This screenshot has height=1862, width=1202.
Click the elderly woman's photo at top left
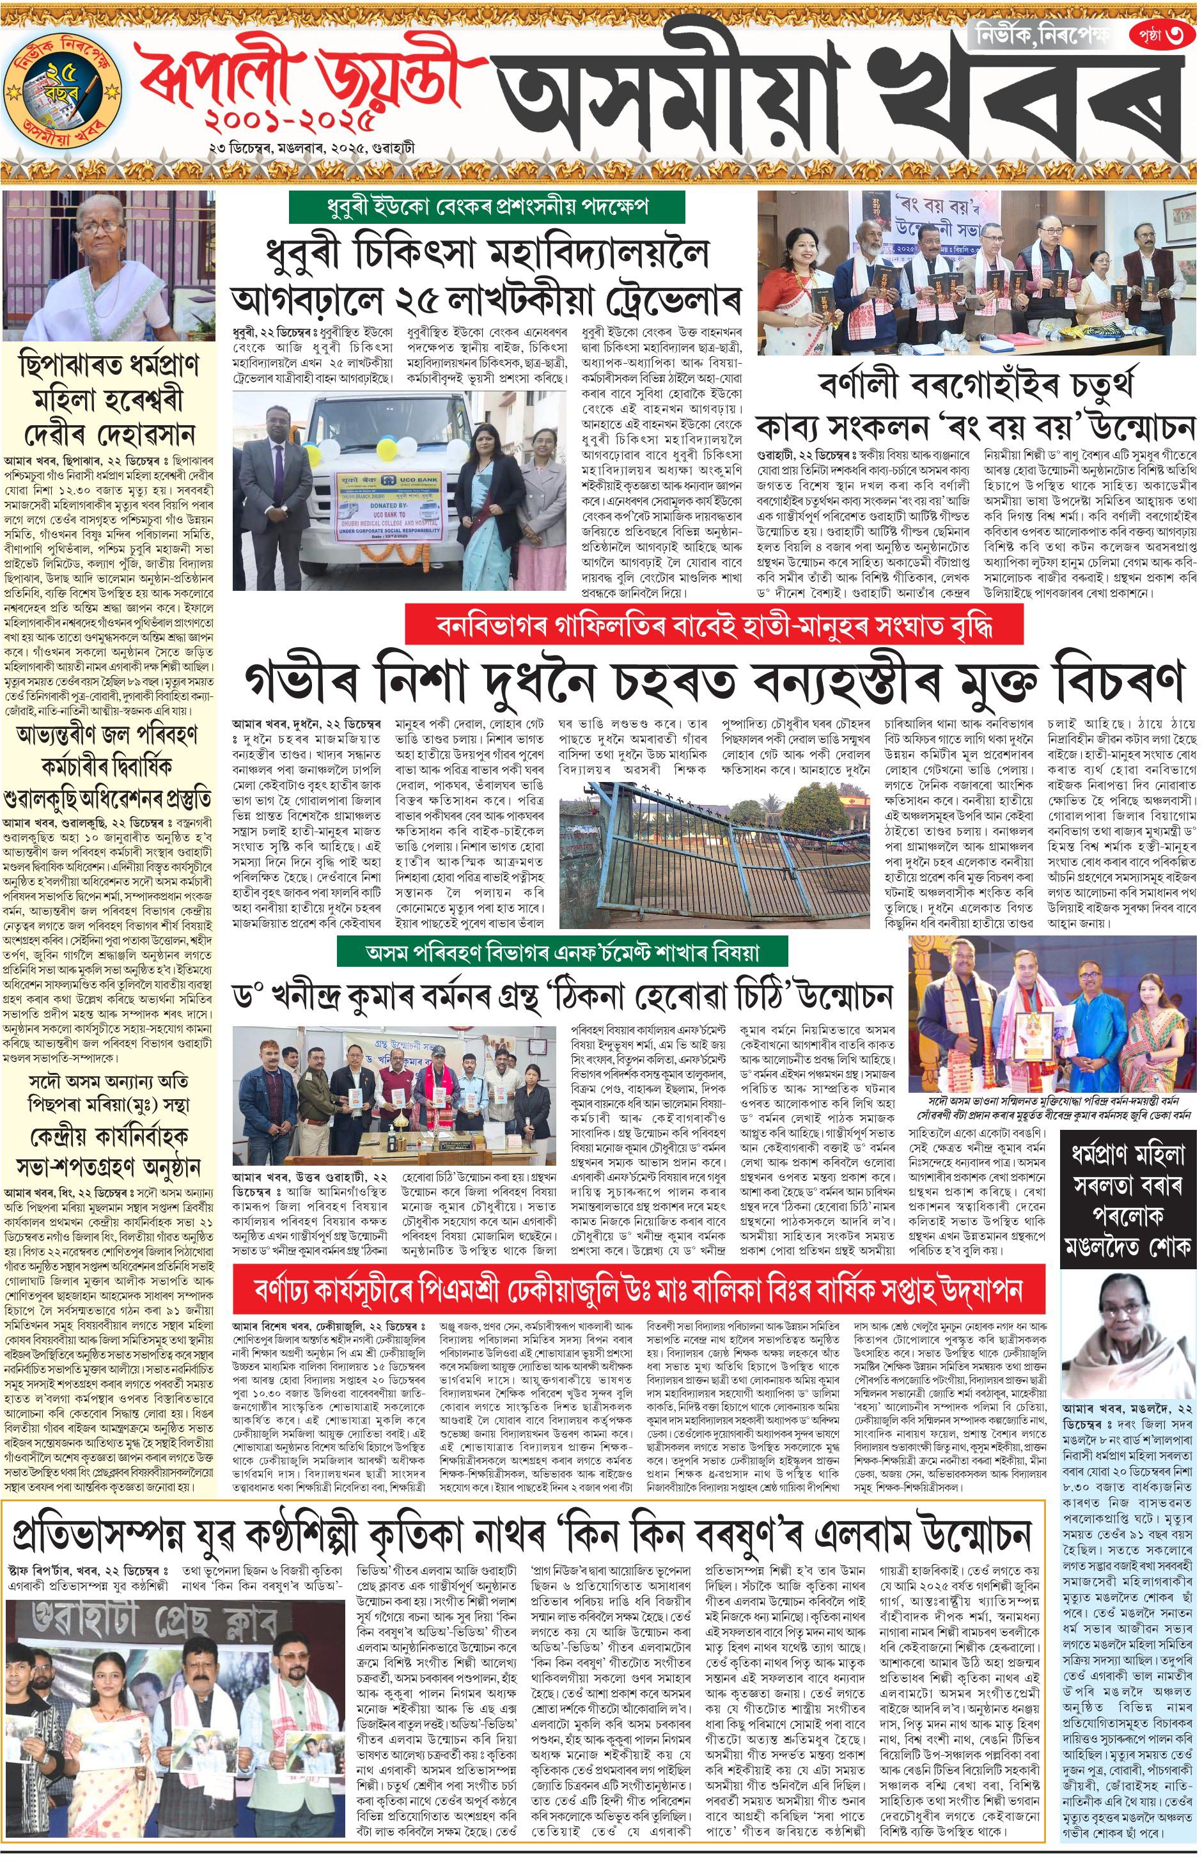[109, 265]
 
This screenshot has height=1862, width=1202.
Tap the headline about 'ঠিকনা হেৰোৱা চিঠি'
[562, 998]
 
